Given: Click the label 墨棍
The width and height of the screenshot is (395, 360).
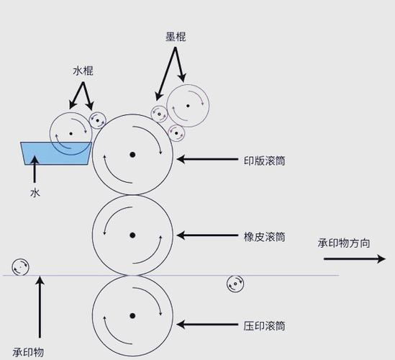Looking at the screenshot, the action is pos(176,37).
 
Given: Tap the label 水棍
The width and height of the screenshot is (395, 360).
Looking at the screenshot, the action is pos(83,71).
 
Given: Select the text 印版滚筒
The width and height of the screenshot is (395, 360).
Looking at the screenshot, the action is pos(265,161).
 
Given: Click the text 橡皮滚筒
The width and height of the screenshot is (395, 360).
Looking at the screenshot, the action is pos(265,237).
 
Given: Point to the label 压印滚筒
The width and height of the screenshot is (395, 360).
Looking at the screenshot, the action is pos(265,326).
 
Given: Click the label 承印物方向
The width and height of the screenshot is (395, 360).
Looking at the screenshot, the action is pos(344,243).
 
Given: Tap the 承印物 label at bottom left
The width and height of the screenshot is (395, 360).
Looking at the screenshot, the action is pos(28,352).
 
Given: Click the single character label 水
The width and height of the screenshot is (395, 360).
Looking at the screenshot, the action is pos(35,193).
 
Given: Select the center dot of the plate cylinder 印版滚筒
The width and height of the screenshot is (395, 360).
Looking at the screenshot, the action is pos(132,155).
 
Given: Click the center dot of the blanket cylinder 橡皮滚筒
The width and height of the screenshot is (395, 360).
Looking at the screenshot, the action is pos(132,235).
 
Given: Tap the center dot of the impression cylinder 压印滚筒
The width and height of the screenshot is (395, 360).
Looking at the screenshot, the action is pos(132,315).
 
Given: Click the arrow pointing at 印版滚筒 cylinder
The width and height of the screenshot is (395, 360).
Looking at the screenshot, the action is pos(207,159).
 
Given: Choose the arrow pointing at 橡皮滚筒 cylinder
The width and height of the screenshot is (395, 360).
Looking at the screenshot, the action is pos(207,235).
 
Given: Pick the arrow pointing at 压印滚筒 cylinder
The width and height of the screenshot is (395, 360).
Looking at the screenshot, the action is pos(207,325).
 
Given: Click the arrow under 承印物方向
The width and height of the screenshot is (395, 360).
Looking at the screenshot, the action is pos(355,258).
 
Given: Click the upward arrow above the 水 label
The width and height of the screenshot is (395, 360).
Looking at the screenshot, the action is pos(35,169).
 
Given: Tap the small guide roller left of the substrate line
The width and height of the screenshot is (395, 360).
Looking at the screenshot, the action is pos(20,266).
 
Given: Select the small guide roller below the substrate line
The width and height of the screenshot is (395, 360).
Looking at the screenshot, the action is pos(235,284).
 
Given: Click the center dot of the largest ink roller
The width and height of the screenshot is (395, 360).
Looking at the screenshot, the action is pos(188,106).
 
